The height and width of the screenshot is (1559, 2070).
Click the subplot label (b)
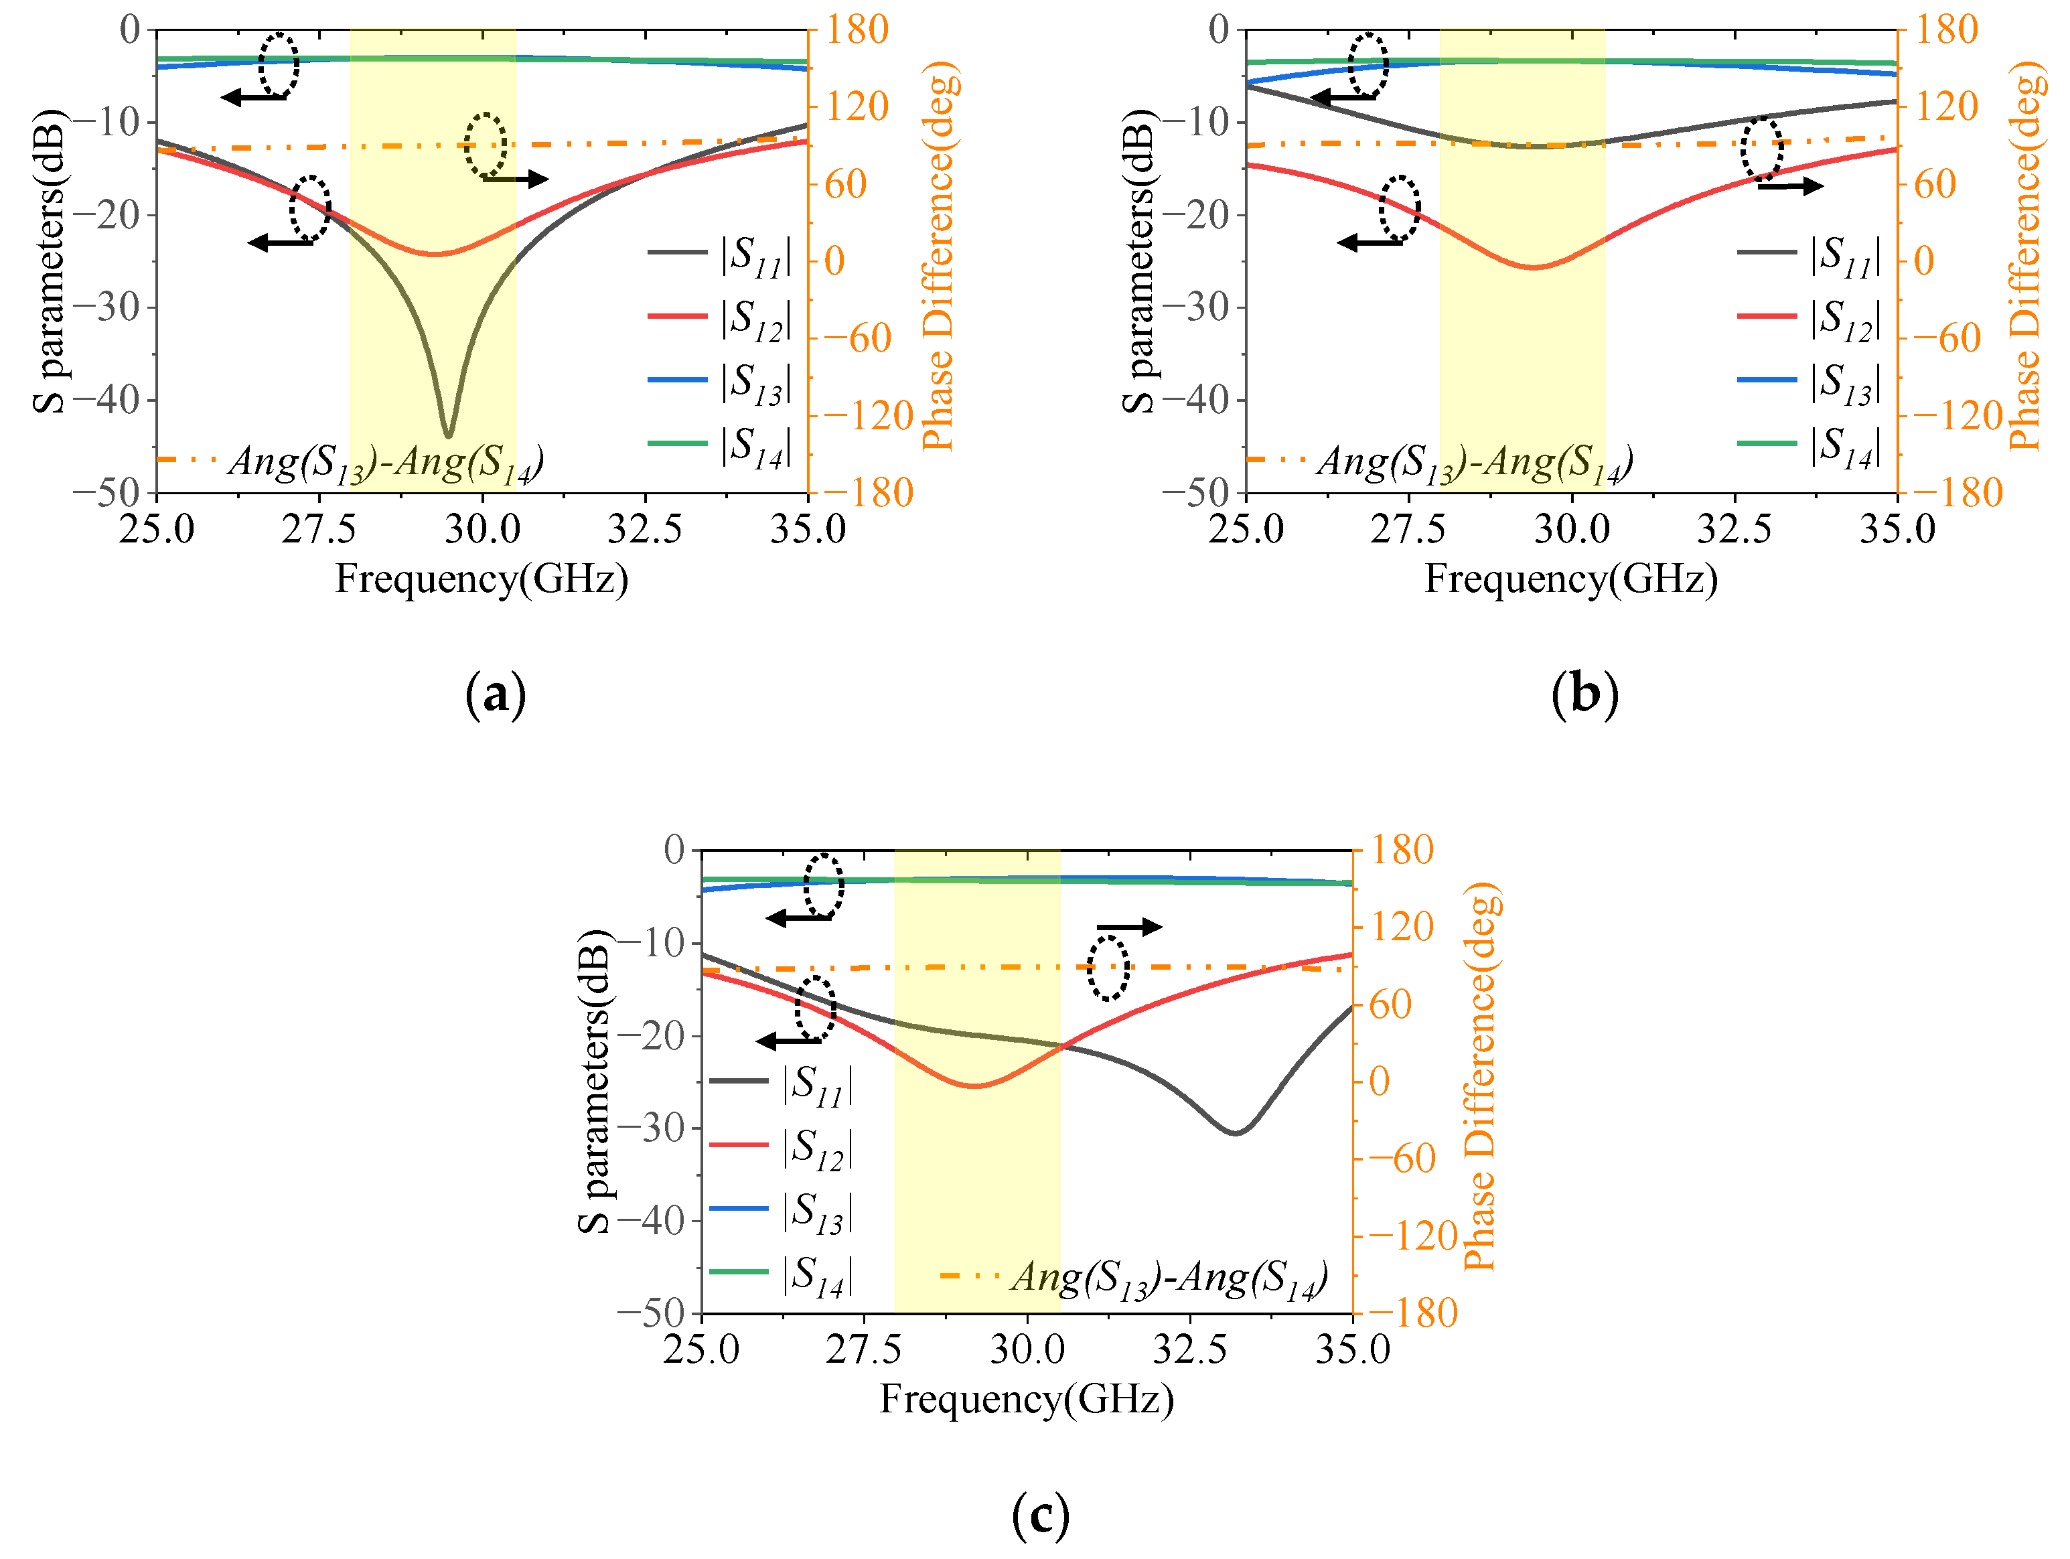tap(1584, 694)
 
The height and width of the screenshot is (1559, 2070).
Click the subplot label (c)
tap(1039, 1515)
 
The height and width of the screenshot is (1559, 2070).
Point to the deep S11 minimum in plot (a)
tap(449, 435)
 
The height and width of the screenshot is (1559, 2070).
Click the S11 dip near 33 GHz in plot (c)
tap(1236, 1132)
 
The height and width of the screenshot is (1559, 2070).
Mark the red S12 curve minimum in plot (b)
tap(1535, 268)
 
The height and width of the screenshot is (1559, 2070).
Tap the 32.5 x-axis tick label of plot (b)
tap(1734, 530)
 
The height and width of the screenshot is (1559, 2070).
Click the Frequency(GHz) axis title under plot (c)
tap(1027, 1399)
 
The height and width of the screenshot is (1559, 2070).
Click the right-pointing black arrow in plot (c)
tap(1130, 927)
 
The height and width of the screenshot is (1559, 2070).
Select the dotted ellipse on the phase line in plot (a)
tap(486, 145)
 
